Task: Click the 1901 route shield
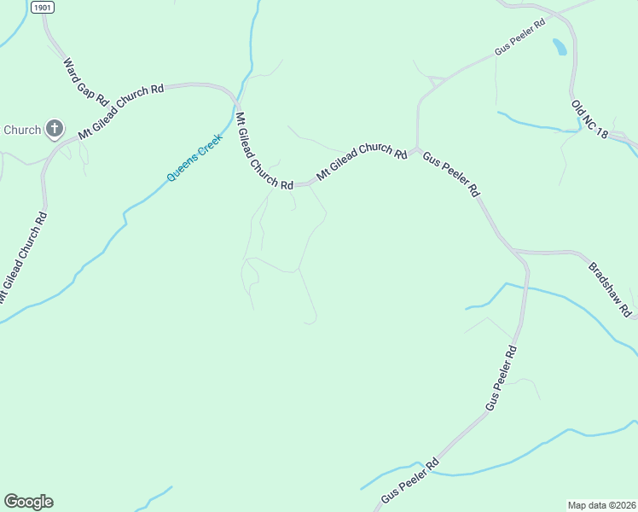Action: tap(42, 7)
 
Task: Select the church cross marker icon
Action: tap(54, 129)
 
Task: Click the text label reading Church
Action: tap(22, 130)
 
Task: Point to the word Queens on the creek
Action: tap(183, 166)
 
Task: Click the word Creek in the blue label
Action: tap(210, 143)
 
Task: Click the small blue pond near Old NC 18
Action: tap(560, 46)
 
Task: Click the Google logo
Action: tap(28, 502)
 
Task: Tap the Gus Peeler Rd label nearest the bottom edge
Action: tap(409, 480)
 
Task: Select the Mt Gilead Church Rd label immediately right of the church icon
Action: tap(120, 112)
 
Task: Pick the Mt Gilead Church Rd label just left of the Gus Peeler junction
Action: tap(361, 161)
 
